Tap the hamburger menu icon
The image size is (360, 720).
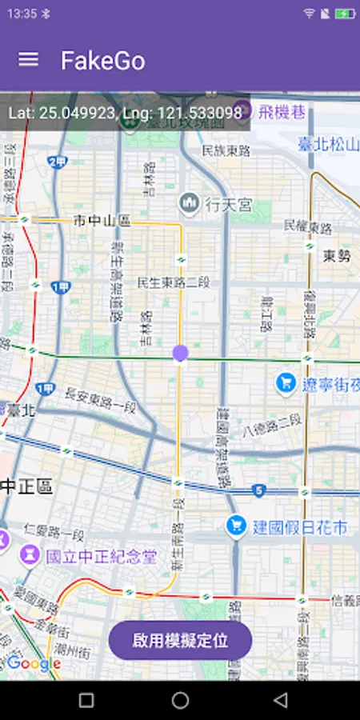(28, 60)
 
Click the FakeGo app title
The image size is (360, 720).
(103, 61)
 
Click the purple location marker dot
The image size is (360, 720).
(180, 353)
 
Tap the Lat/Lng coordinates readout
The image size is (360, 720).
(126, 114)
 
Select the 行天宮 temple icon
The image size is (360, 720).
(190, 203)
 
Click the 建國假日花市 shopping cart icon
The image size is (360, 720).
(235, 526)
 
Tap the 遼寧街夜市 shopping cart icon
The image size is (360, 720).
(286, 384)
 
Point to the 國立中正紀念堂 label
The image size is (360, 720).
(101, 556)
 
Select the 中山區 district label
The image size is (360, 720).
(102, 220)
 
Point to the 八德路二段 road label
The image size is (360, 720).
(273, 425)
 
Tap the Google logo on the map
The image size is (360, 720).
(34, 663)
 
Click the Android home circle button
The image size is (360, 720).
(180, 701)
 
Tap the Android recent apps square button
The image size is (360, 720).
(86, 701)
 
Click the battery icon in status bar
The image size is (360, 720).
(346, 14)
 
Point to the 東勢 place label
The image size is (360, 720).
(337, 256)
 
